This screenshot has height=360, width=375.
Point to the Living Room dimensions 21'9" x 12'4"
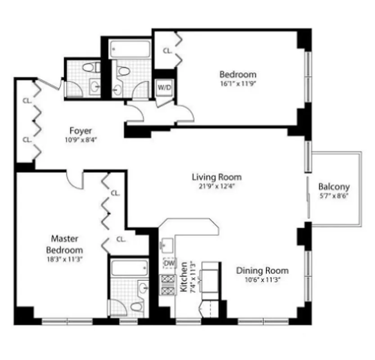(217, 186)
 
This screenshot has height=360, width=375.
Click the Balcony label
(334, 187)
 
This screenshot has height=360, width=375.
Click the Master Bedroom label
(65, 244)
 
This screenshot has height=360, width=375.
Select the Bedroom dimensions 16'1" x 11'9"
(238, 84)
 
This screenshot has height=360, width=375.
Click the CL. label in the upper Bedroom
(167, 51)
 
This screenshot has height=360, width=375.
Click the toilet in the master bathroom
(135, 306)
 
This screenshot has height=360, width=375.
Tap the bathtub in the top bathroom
(130, 49)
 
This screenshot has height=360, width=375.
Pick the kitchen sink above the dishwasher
(168, 246)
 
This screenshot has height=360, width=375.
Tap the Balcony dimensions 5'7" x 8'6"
(334, 196)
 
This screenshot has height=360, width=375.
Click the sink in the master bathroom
(143, 288)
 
